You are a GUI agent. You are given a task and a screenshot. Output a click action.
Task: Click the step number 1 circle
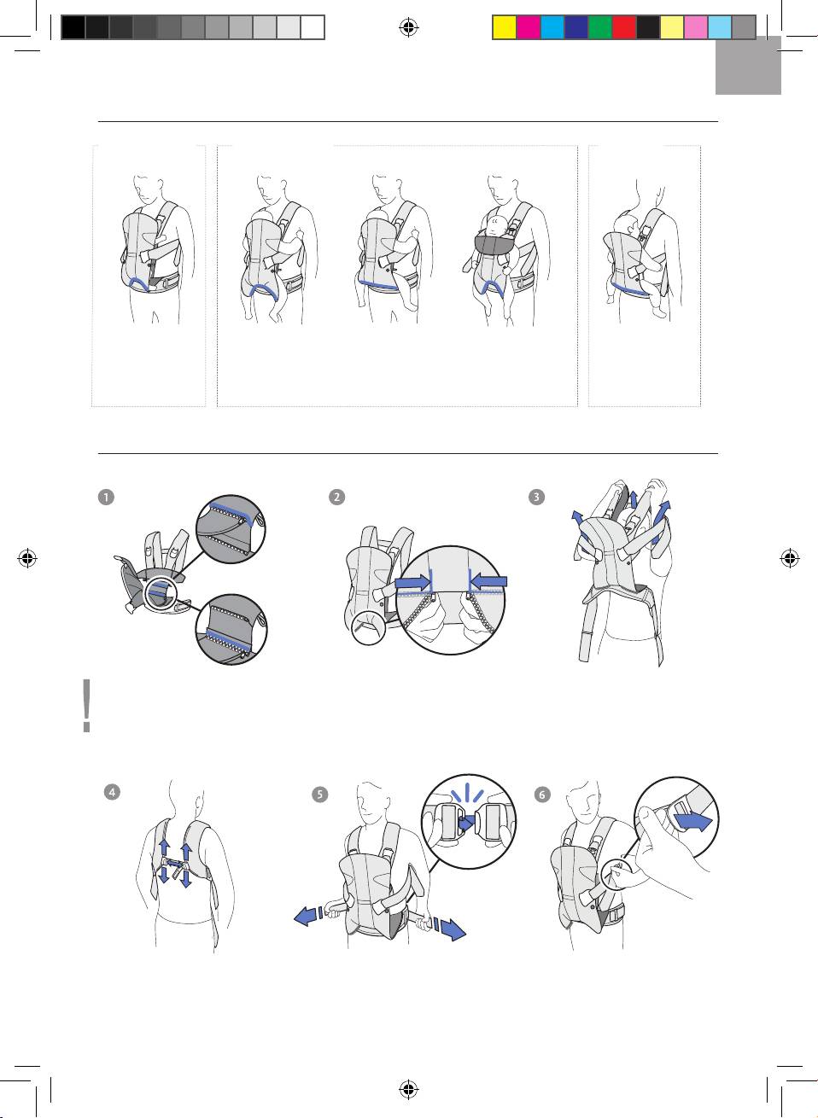[x=106, y=497]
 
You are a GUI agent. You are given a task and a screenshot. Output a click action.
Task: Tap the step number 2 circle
[x=337, y=497]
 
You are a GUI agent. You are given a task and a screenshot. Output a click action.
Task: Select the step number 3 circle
[x=536, y=497]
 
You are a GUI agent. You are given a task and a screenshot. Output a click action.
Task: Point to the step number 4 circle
[x=112, y=792]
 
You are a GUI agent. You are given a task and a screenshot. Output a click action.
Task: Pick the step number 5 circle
[x=319, y=794]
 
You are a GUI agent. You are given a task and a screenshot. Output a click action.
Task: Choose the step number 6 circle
[x=542, y=794]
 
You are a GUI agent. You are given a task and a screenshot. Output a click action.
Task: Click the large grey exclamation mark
[x=87, y=706]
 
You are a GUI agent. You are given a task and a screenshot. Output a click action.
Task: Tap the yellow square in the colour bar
[x=505, y=27]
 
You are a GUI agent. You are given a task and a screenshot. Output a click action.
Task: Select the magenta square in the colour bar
[x=529, y=27]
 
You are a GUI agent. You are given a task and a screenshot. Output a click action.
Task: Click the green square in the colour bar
[x=600, y=27]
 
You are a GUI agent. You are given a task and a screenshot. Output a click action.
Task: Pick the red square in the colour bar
[x=624, y=27]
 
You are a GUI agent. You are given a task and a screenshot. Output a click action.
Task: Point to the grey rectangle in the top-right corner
[x=748, y=66]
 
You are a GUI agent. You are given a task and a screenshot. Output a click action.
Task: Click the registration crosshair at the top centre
[x=409, y=27]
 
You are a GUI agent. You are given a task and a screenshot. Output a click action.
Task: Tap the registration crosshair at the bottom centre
[x=409, y=1090]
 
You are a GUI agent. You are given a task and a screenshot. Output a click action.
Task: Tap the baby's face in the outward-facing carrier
[x=494, y=223]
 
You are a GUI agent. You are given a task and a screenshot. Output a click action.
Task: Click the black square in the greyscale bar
[x=73, y=27]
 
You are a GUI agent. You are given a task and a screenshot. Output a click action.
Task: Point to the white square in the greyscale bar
[x=313, y=27]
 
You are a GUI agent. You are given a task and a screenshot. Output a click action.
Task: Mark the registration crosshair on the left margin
[x=27, y=558]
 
